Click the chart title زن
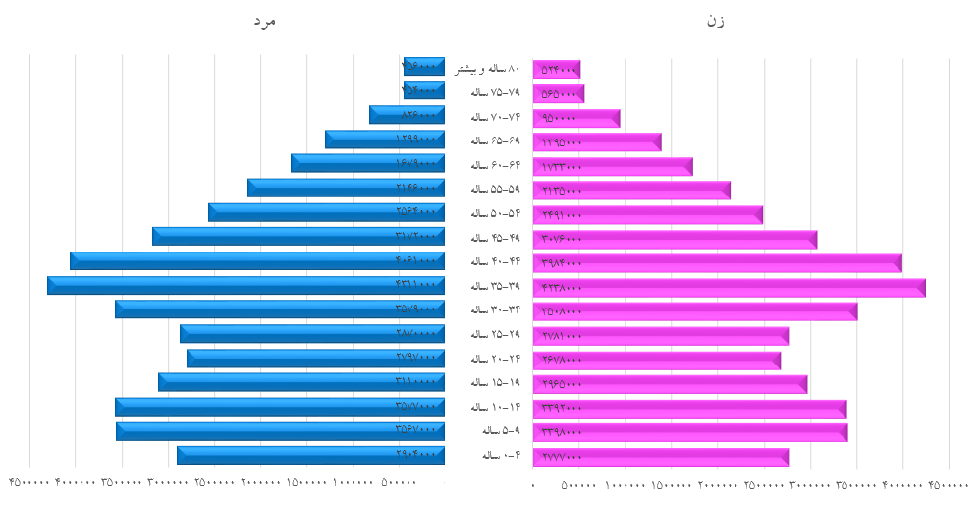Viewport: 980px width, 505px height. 714,20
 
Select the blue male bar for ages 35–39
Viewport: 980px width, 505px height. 245,285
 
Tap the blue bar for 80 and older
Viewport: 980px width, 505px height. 424,66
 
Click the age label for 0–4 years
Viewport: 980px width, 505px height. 497,455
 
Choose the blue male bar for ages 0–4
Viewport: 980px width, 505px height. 310,455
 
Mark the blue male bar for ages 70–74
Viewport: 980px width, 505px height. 407,115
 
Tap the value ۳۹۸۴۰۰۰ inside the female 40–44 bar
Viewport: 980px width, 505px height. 562,263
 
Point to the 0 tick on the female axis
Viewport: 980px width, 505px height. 533,485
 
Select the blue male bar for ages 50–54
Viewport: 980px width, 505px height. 326,212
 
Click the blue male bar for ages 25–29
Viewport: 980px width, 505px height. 312,334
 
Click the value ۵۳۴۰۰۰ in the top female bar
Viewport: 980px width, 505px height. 559,70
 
